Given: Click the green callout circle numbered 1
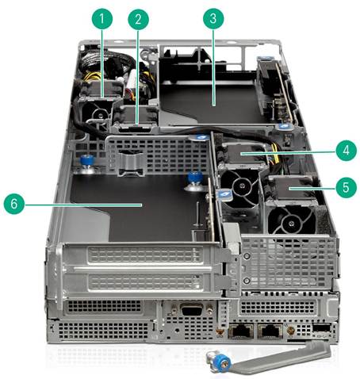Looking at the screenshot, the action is pos(102,18).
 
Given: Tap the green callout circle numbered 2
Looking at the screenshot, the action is pos(138,19).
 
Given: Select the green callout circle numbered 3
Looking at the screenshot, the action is pos(213,18).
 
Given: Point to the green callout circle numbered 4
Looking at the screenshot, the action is pos(347,151).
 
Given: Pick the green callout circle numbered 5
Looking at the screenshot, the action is pos(347,187).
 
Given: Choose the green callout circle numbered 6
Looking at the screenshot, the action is pos(14,204).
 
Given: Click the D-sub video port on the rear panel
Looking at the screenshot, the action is pos(193,309).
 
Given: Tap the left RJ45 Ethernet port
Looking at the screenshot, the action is pos(241,331).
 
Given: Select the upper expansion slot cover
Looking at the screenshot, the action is pos(144,255).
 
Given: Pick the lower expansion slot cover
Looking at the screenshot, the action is pos(144,282).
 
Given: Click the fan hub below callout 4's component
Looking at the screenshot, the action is pos(240,186).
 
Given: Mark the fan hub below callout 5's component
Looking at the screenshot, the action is pos(291,224).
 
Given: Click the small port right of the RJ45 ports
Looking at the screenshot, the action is pos(322,327).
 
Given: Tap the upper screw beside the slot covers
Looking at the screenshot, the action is pos(247,256).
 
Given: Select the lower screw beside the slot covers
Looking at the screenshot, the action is pos(247,281).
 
